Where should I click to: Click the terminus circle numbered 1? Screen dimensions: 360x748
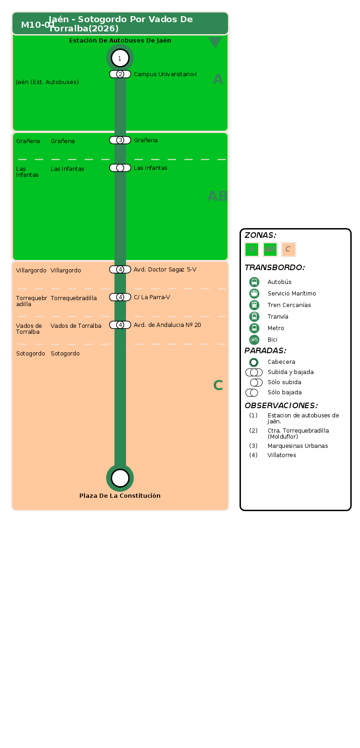pos(120,58)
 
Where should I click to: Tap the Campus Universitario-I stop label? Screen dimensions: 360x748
pos(165,74)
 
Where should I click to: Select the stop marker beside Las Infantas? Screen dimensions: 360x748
pos(120,168)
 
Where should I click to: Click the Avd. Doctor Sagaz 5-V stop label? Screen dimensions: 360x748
pos(165,270)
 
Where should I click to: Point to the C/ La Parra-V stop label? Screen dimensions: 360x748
pos(152,297)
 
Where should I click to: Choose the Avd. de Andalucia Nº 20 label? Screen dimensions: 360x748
pos(168,325)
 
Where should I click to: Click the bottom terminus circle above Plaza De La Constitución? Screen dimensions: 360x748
pos(120,478)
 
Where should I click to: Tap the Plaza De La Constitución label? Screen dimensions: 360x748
pos(120,495)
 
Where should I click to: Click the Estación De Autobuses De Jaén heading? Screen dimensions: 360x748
pos(120,41)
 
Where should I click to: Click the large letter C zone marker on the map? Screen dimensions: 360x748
pos(218,386)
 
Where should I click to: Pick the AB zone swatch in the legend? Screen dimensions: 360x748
pos(270,249)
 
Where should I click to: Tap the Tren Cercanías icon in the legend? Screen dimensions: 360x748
pos(254,305)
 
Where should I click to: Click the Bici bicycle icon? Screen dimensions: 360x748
pos(254,340)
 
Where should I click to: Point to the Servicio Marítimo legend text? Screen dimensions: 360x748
pos(292,294)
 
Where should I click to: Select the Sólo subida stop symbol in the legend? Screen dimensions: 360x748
pos(256,382)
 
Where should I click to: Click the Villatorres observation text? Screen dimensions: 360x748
pos(282,455)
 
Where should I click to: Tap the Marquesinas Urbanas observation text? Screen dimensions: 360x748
pos(298,446)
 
